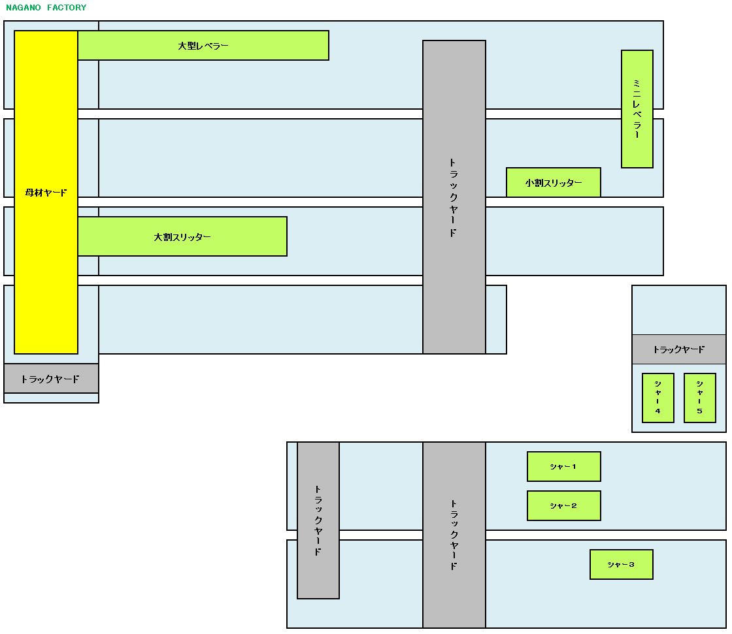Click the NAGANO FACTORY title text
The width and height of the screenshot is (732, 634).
(46, 8)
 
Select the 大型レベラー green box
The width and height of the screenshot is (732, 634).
(203, 46)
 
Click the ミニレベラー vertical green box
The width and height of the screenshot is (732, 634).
(637, 109)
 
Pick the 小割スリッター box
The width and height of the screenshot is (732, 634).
(554, 183)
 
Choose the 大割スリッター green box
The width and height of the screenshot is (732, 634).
(182, 236)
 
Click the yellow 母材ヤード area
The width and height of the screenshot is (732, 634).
(46, 193)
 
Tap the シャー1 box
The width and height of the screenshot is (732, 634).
(564, 467)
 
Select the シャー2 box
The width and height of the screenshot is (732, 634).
(564, 506)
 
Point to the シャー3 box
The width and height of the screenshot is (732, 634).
(622, 565)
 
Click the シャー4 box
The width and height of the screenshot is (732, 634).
(658, 398)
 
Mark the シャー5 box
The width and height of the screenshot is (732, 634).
(700, 398)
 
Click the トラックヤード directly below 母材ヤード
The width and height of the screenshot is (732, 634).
(51, 379)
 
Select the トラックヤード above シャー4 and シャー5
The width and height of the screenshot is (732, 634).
(679, 349)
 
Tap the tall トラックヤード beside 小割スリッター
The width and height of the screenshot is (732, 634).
(454, 197)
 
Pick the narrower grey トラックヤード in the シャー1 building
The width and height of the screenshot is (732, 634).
(318, 520)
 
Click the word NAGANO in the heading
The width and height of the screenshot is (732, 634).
(23, 8)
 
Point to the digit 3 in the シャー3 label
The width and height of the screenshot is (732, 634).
(631, 565)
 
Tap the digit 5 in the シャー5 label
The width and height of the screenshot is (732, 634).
(700, 411)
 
